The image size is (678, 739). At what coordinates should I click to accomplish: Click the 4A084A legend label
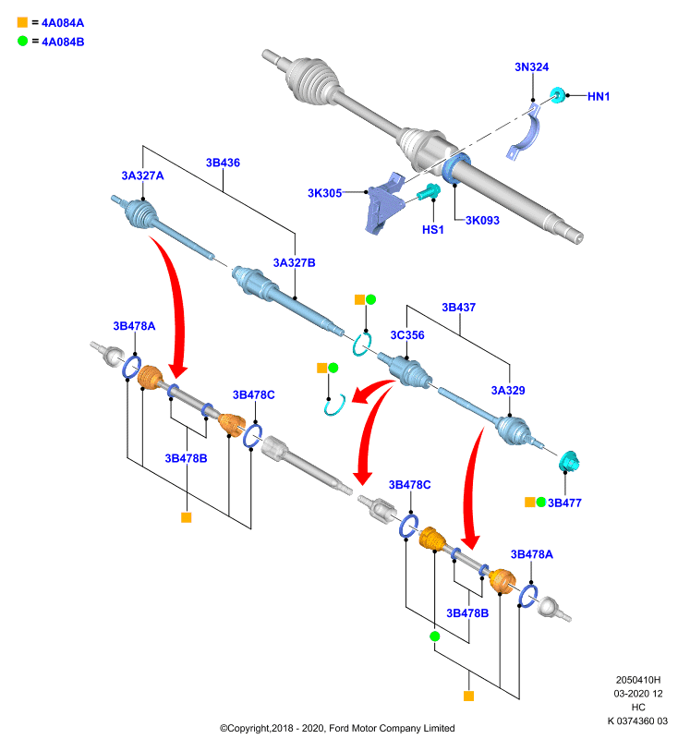63,22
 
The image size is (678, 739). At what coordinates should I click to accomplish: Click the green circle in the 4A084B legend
22,41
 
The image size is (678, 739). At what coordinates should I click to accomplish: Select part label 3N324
531,67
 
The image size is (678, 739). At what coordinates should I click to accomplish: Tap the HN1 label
599,96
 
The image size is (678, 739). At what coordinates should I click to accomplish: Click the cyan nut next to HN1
558,95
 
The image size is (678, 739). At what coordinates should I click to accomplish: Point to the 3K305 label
324,193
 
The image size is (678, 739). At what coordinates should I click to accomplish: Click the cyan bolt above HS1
429,192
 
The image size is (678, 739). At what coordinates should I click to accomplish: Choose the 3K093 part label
482,220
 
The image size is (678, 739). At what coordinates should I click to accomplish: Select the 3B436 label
223,163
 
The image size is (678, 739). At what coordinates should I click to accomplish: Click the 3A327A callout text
143,176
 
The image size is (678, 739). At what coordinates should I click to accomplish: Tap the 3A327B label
295,262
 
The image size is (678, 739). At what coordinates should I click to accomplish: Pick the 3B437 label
459,308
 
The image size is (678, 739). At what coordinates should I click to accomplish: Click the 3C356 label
407,335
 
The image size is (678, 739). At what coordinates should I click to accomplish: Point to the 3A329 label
508,390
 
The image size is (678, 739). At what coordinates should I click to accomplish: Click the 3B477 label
564,503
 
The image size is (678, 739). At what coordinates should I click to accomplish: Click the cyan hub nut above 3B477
569,461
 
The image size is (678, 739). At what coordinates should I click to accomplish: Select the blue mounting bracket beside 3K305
384,203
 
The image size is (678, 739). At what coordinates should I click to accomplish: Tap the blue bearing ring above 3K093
455,167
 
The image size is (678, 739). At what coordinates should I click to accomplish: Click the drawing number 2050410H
638,680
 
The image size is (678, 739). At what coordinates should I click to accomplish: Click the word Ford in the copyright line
339,728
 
